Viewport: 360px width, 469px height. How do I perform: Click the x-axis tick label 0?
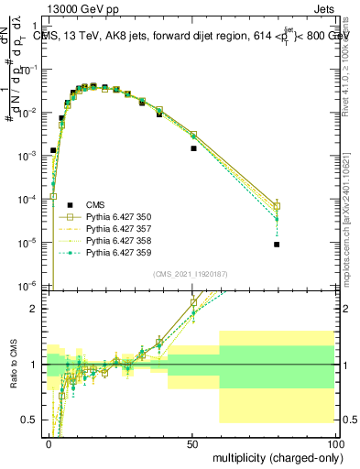pyautogui.click(x=49, y=442)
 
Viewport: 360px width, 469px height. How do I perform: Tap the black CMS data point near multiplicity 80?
pyautogui.click(x=277, y=245)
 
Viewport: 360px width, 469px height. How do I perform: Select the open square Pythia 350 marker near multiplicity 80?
pyautogui.click(x=277, y=206)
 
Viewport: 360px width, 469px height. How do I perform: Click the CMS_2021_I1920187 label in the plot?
pyautogui.click(x=189, y=274)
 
